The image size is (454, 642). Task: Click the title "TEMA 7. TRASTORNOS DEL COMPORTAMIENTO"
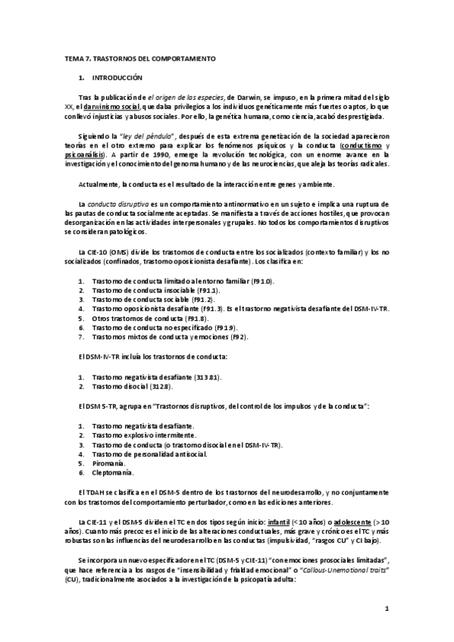pos(139,58)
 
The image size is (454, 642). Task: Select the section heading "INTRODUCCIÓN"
pos(117,78)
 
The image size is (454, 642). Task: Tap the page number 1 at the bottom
pos(387,608)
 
